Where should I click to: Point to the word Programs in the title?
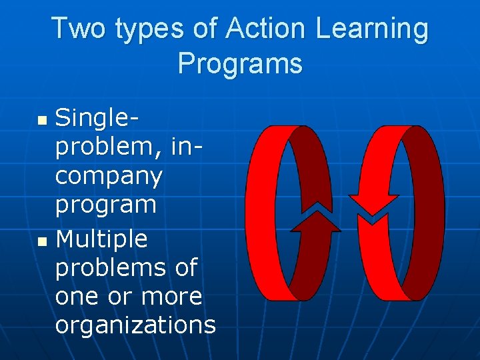tap(240, 64)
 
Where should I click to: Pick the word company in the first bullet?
tap(108, 177)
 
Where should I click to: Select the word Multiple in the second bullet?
tap(101, 238)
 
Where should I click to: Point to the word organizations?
tap(135, 325)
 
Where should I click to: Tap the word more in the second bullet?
tap(169, 295)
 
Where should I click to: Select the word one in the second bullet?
tap(77, 295)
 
